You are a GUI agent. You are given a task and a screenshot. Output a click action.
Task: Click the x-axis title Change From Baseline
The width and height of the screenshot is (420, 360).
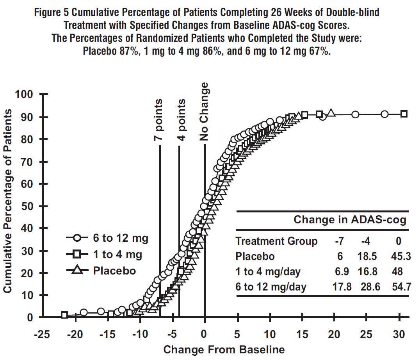(x=224, y=349)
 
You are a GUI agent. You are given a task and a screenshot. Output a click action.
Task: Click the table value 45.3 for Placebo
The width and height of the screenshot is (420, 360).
(x=399, y=257)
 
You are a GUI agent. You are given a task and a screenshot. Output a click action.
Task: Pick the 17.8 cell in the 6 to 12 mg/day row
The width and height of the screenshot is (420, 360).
(x=342, y=287)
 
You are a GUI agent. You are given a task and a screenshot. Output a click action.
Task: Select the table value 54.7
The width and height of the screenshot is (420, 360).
(x=399, y=287)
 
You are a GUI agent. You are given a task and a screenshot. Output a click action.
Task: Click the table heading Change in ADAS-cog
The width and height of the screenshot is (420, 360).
(x=350, y=220)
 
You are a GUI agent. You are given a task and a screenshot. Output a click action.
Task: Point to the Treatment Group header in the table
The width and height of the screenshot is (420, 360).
(x=276, y=241)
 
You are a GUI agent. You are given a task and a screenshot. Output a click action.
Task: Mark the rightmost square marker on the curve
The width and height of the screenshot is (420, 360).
(x=404, y=114)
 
